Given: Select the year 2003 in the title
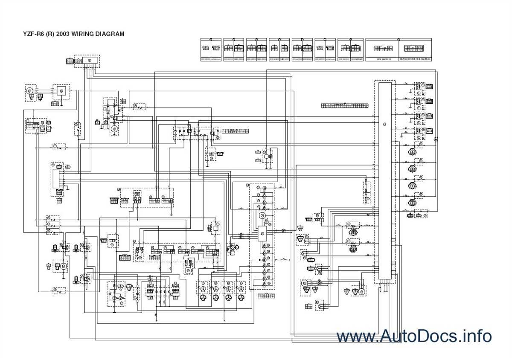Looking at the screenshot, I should click(64, 34).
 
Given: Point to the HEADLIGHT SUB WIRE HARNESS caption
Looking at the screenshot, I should click(415, 59).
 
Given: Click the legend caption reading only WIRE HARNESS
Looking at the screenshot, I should click(383, 59).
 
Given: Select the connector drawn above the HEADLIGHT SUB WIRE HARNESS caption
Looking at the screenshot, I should click(414, 48).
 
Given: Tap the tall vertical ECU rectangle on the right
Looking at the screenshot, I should click(384, 181).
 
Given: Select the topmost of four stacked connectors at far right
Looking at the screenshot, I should click(429, 87).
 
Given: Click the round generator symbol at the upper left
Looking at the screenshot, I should click(30, 90).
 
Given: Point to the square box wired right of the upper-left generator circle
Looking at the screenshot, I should click(61, 91).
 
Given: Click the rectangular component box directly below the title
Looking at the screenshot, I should click(90, 61).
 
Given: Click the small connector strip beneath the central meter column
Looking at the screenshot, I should click(266, 296).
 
